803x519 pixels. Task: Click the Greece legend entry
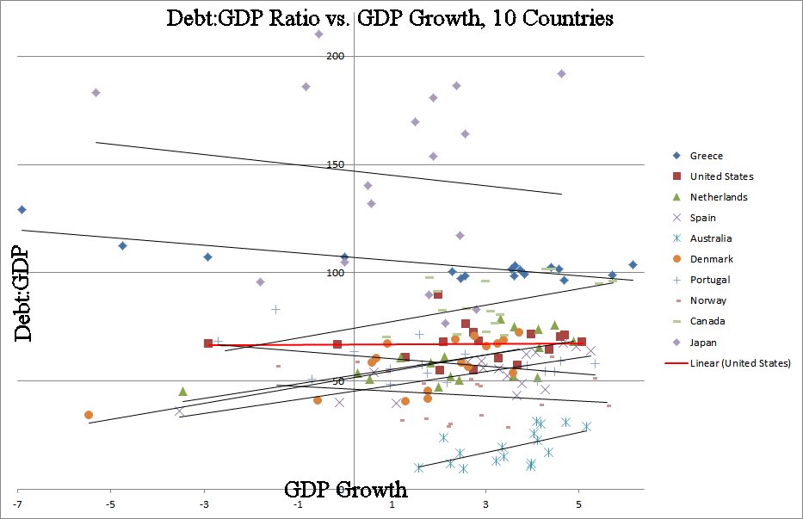pyautogui.click(x=706, y=156)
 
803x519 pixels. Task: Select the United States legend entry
pyautogui.click(x=721, y=176)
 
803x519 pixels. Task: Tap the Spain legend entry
pyautogui.click(x=703, y=218)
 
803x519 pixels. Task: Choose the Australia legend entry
pyautogui.click(x=710, y=238)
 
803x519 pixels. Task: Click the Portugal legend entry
pyautogui.click(x=709, y=280)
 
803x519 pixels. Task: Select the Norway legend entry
pyautogui.click(x=707, y=300)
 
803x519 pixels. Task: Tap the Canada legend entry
pyautogui.click(x=707, y=321)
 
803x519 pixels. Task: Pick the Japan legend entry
pyautogui.click(x=704, y=342)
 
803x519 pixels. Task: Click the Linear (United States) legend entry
pyautogui.click(x=739, y=363)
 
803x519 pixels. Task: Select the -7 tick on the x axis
pyautogui.click(x=17, y=503)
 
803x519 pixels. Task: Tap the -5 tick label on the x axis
pyautogui.click(x=111, y=503)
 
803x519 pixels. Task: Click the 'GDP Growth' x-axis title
pyautogui.click(x=345, y=490)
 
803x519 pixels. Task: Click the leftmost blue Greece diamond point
pyautogui.click(x=22, y=209)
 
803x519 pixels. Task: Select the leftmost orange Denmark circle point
pyautogui.click(x=89, y=415)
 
